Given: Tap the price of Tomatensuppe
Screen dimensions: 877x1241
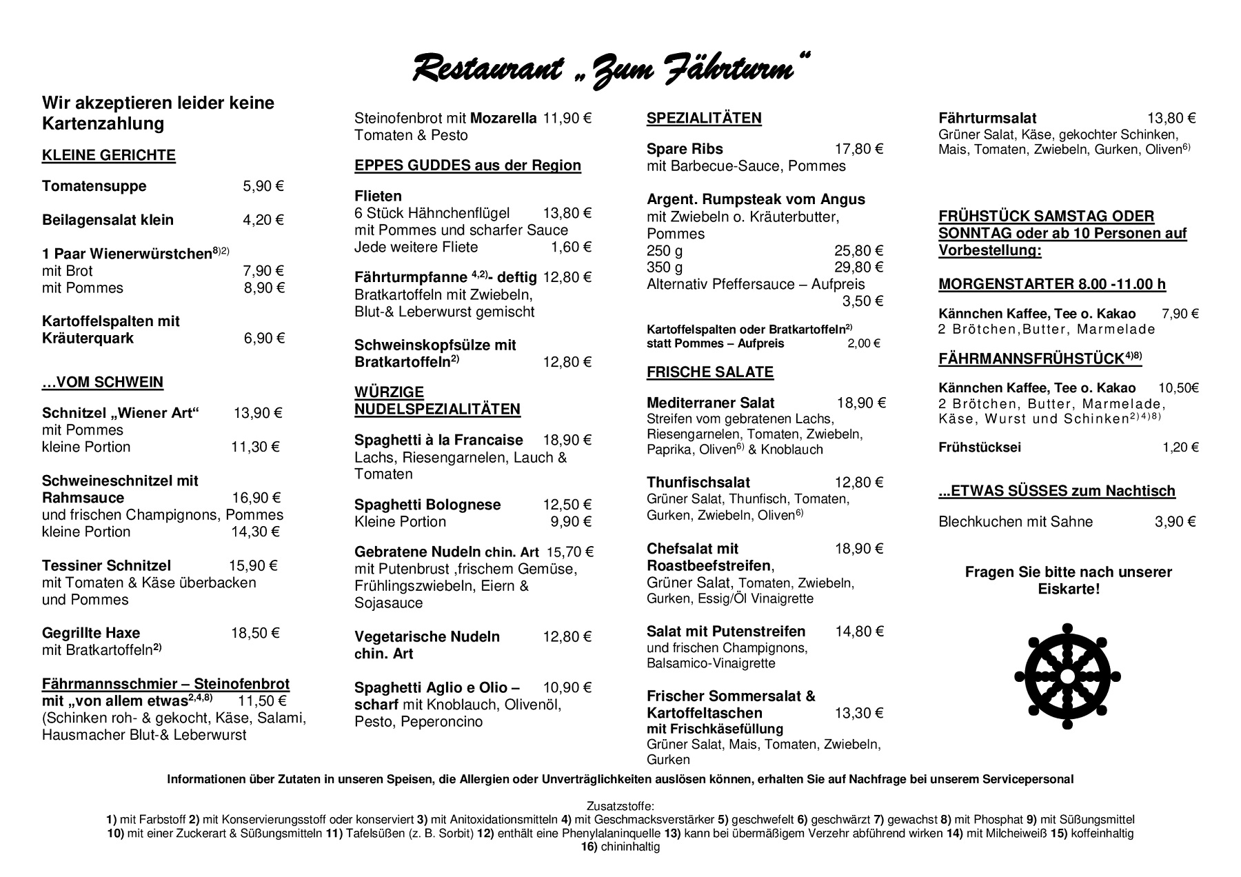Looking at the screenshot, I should click(x=263, y=186).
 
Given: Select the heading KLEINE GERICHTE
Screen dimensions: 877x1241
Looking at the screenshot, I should click(x=109, y=155).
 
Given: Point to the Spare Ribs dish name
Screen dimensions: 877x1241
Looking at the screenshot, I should click(x=685, y=149).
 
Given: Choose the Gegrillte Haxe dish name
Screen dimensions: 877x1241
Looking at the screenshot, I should click(x=91, y=633).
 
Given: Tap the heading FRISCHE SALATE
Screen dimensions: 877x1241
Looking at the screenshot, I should click(x=710, y=372).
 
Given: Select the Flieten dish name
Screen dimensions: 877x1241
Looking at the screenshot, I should click(x=378, y=196).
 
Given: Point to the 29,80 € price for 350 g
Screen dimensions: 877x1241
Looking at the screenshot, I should click(x=858, y=267).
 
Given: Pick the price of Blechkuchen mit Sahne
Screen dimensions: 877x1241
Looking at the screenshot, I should click(x=1175, y=522).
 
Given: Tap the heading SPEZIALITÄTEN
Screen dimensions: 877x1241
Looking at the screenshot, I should click(x=704, y=118).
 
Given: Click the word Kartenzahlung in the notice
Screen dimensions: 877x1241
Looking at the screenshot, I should click(x=103, y=124).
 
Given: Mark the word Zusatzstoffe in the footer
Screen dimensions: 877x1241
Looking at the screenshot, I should click(x=620, y=806).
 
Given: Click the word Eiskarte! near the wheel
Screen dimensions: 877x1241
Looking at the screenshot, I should click(x=1069, y=589).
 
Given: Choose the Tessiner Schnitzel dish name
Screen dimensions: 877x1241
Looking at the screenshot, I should click(x=106, y=566).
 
